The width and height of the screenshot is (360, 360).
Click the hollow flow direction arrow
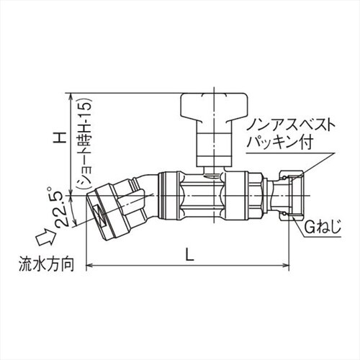click(42, 233)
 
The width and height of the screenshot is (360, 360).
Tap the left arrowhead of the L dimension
click(91, 267)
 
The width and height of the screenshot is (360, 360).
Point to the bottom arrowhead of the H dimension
click(72, 190)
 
